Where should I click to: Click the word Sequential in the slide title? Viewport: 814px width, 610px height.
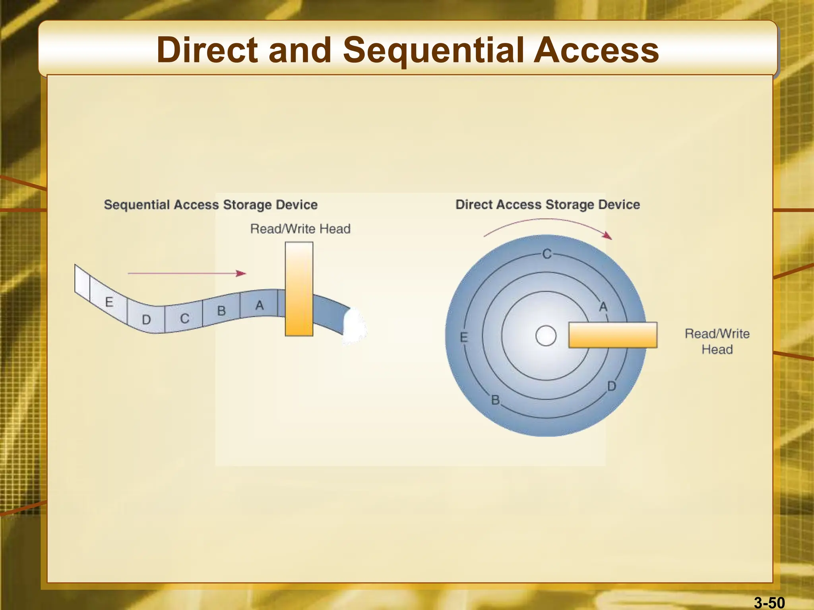pos(433,51)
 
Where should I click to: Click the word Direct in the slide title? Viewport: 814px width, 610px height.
pos(207,50)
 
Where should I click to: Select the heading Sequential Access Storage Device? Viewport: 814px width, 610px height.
pos(211,205)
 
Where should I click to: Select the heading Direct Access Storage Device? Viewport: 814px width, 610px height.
pos(547,205)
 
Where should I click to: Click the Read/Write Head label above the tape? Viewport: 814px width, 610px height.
pos(300,229)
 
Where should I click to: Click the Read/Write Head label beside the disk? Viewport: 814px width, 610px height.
pos(717,341)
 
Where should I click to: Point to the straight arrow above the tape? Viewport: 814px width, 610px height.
pos(187,273)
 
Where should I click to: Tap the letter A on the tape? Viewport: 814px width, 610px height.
pos(260,305)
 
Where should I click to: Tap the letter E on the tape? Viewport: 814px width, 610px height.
pos(109,302)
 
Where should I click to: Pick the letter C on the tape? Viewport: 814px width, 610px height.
pos(184,319)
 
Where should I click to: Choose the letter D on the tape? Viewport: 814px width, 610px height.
pos(146,320)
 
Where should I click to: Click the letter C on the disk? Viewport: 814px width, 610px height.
pos(547,254)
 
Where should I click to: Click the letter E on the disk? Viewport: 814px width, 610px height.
pos(463,338)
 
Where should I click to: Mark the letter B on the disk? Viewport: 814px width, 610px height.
pos(495,400)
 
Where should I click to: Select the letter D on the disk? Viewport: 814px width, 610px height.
pos(611,386)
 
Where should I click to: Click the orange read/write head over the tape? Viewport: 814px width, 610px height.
pos(299,289)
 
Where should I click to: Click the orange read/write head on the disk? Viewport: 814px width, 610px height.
pos(612,335)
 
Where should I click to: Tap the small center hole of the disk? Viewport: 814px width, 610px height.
pos(546,336)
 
